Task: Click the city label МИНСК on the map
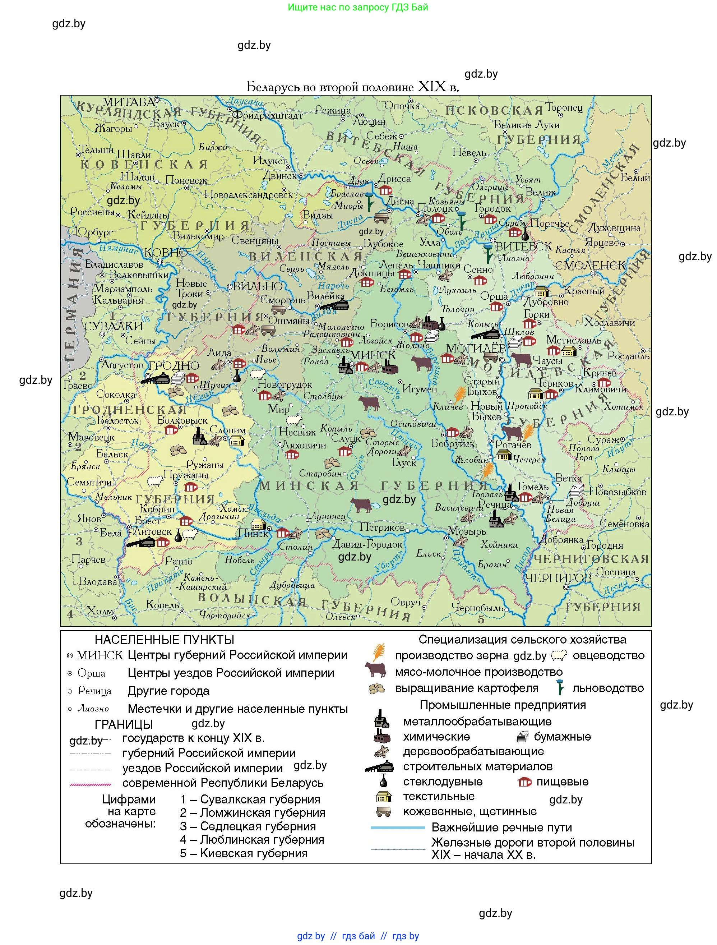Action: click(x=373, y=355)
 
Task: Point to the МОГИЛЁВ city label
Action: click(x=476, y=348)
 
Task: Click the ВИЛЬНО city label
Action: click(x=258, y=286)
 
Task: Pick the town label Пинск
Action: click(x=253, y=533)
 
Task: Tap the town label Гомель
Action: click(x=533, y=487)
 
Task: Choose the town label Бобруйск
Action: click(x=453, y=443)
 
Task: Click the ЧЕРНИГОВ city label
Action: click(x=558, y=578)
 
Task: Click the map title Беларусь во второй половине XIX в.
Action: click(x=353, y=87)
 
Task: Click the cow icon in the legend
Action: click(x=375, y=670)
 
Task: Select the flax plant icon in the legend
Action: click(x=560, y=687)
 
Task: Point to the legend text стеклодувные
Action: click(x=443, y=782)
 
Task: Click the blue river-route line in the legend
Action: click(x=398, y=828)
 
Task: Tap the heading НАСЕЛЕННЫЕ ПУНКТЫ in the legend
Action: click(x=165, y=640)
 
